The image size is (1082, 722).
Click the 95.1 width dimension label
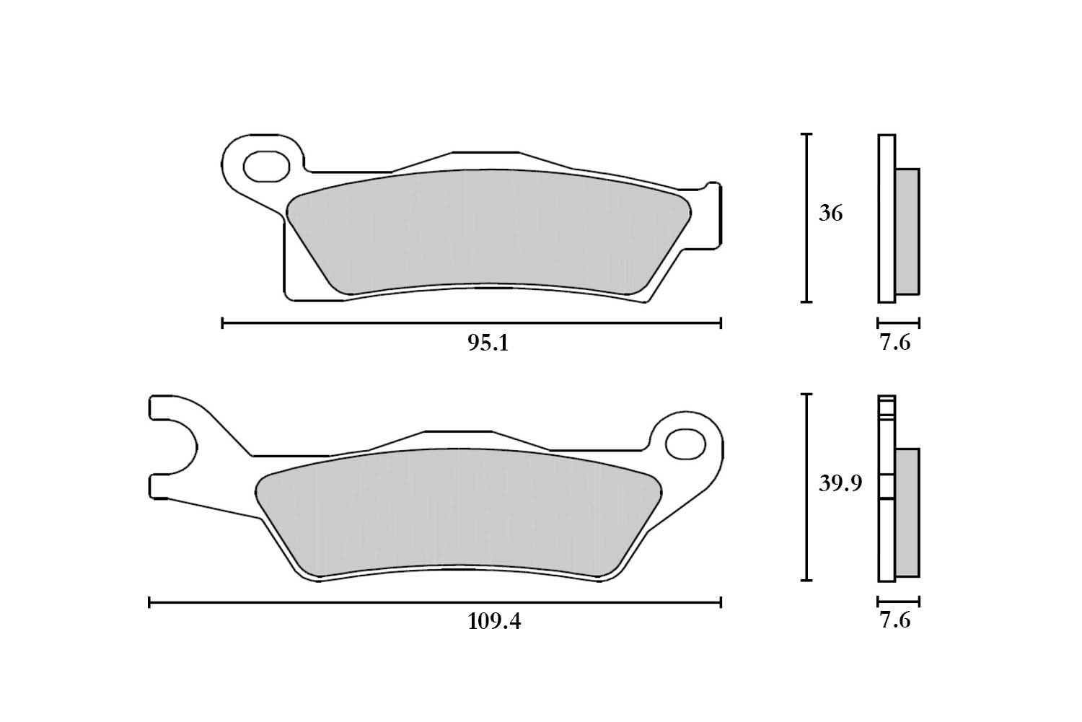[x=488, y=343]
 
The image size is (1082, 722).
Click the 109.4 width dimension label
[x=493, y=621]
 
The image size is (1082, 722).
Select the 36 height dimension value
[x=830, y=213]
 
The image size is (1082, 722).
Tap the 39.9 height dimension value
[x=840, y=483]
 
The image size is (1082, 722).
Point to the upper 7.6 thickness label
[x=894, y=342]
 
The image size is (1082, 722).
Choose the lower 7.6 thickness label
[x=894, y=620]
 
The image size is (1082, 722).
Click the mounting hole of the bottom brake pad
[x=685, y=444]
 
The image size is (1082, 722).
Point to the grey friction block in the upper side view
[x=907, y=231]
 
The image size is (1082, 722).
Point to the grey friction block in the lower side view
[x=907, y=512]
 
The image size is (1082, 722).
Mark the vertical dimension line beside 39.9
[x=806, y=488]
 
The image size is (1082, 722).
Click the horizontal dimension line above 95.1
[x=472, y=323]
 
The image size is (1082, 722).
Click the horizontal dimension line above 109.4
[x=435, y=602]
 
